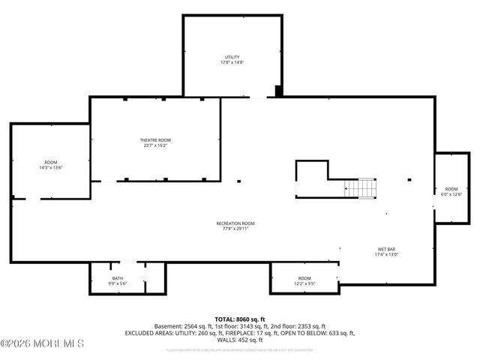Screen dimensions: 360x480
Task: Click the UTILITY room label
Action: (232, 57)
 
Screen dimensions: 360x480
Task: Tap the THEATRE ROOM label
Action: (155, 140)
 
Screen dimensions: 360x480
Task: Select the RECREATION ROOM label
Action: (235, 223)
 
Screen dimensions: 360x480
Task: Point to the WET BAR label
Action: (387, 249)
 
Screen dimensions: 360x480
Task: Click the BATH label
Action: (118, 279)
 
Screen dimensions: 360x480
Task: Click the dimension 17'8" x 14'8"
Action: (232, 63)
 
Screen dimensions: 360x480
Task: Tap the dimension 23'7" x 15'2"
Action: (155, 146)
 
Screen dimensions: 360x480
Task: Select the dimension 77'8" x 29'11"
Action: (235, 229)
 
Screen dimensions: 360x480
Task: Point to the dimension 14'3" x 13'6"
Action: (50, 168)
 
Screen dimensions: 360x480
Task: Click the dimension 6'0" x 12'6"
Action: (451, 194)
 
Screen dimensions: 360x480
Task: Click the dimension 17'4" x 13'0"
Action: (387, 255)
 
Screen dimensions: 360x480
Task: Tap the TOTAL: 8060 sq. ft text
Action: (240, 319)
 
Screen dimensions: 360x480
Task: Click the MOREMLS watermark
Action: (43, 344)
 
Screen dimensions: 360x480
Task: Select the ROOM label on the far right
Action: (451, 188)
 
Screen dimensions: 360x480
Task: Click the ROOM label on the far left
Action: (50, 162)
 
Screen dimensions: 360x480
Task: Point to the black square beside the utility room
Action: (279, 91)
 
